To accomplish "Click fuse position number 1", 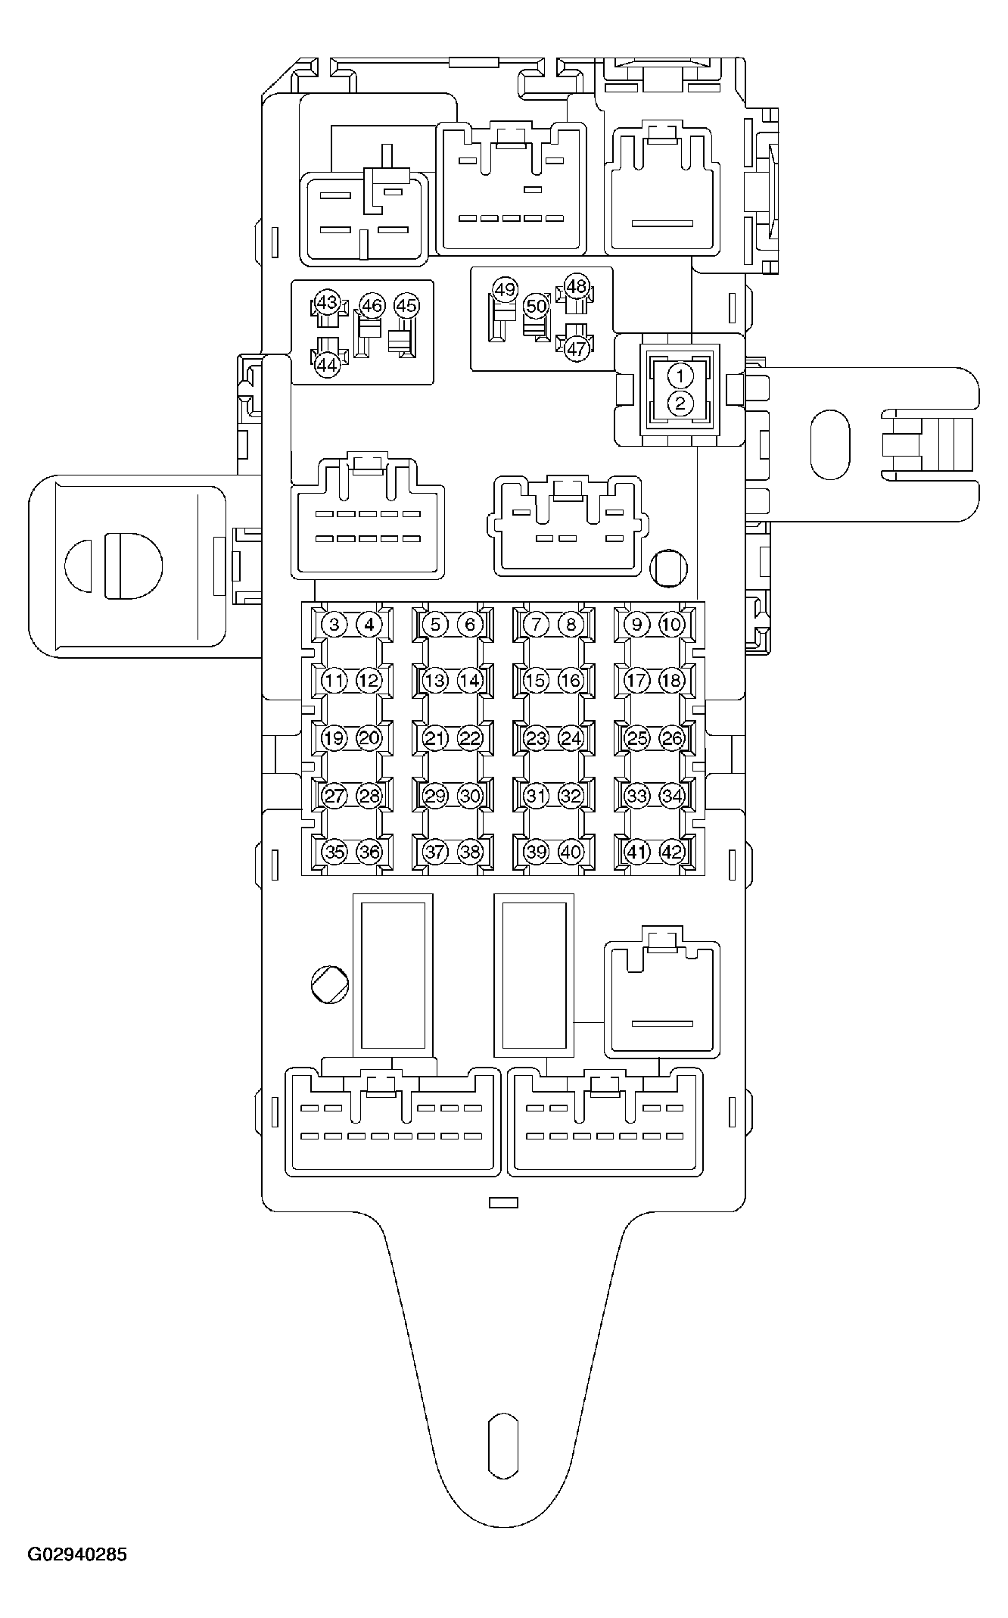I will coord(680,376).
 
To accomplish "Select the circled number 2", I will coord(680,404).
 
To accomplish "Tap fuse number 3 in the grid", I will coord(334,625).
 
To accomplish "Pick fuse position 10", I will coord(671,625).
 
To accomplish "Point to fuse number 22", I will coord(470,738).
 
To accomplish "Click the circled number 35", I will coord(334,852).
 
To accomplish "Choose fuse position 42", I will coord(671,852).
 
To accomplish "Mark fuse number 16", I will coord(571,680).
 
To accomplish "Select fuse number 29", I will coord(435,796).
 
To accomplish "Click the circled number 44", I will coord(326,365).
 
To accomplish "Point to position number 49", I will coord(505,290).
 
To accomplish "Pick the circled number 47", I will coord(577,349).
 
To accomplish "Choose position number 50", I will coord(536,306).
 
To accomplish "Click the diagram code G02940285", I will coord(78,1555).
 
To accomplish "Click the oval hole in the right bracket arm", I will coord(829,445).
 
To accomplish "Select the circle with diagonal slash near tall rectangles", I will coord(329,985).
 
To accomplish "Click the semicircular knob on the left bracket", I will coord(114,566).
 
